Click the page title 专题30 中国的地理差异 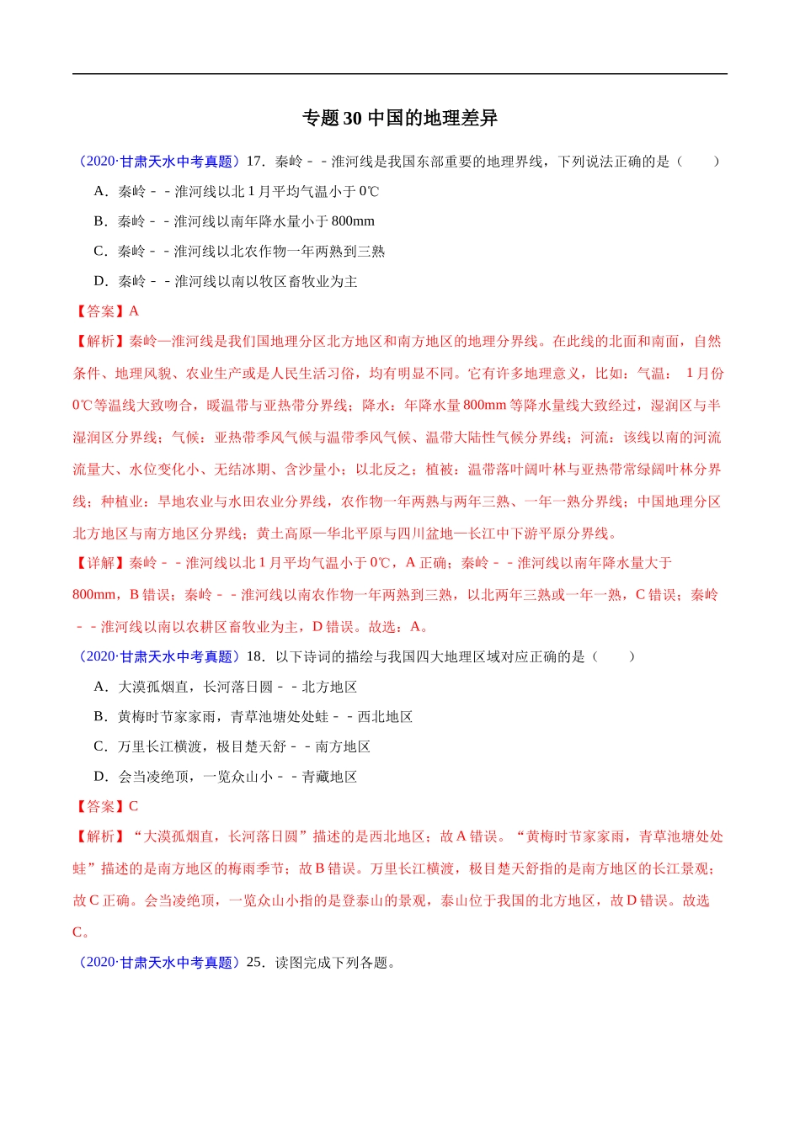(400, 119)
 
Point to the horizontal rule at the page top (400, 74)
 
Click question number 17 (255, 162)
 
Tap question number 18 (255, 656)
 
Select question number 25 (255, 963)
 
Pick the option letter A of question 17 (100, 192)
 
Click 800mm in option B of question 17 (353, 221)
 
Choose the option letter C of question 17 (100, 252)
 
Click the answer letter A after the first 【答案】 (134, 311)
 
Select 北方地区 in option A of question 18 (329, 688)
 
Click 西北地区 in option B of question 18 (385, 717)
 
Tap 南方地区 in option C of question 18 (343, 747)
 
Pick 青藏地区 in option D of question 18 (329, 777)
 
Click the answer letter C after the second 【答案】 (134, 806)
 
